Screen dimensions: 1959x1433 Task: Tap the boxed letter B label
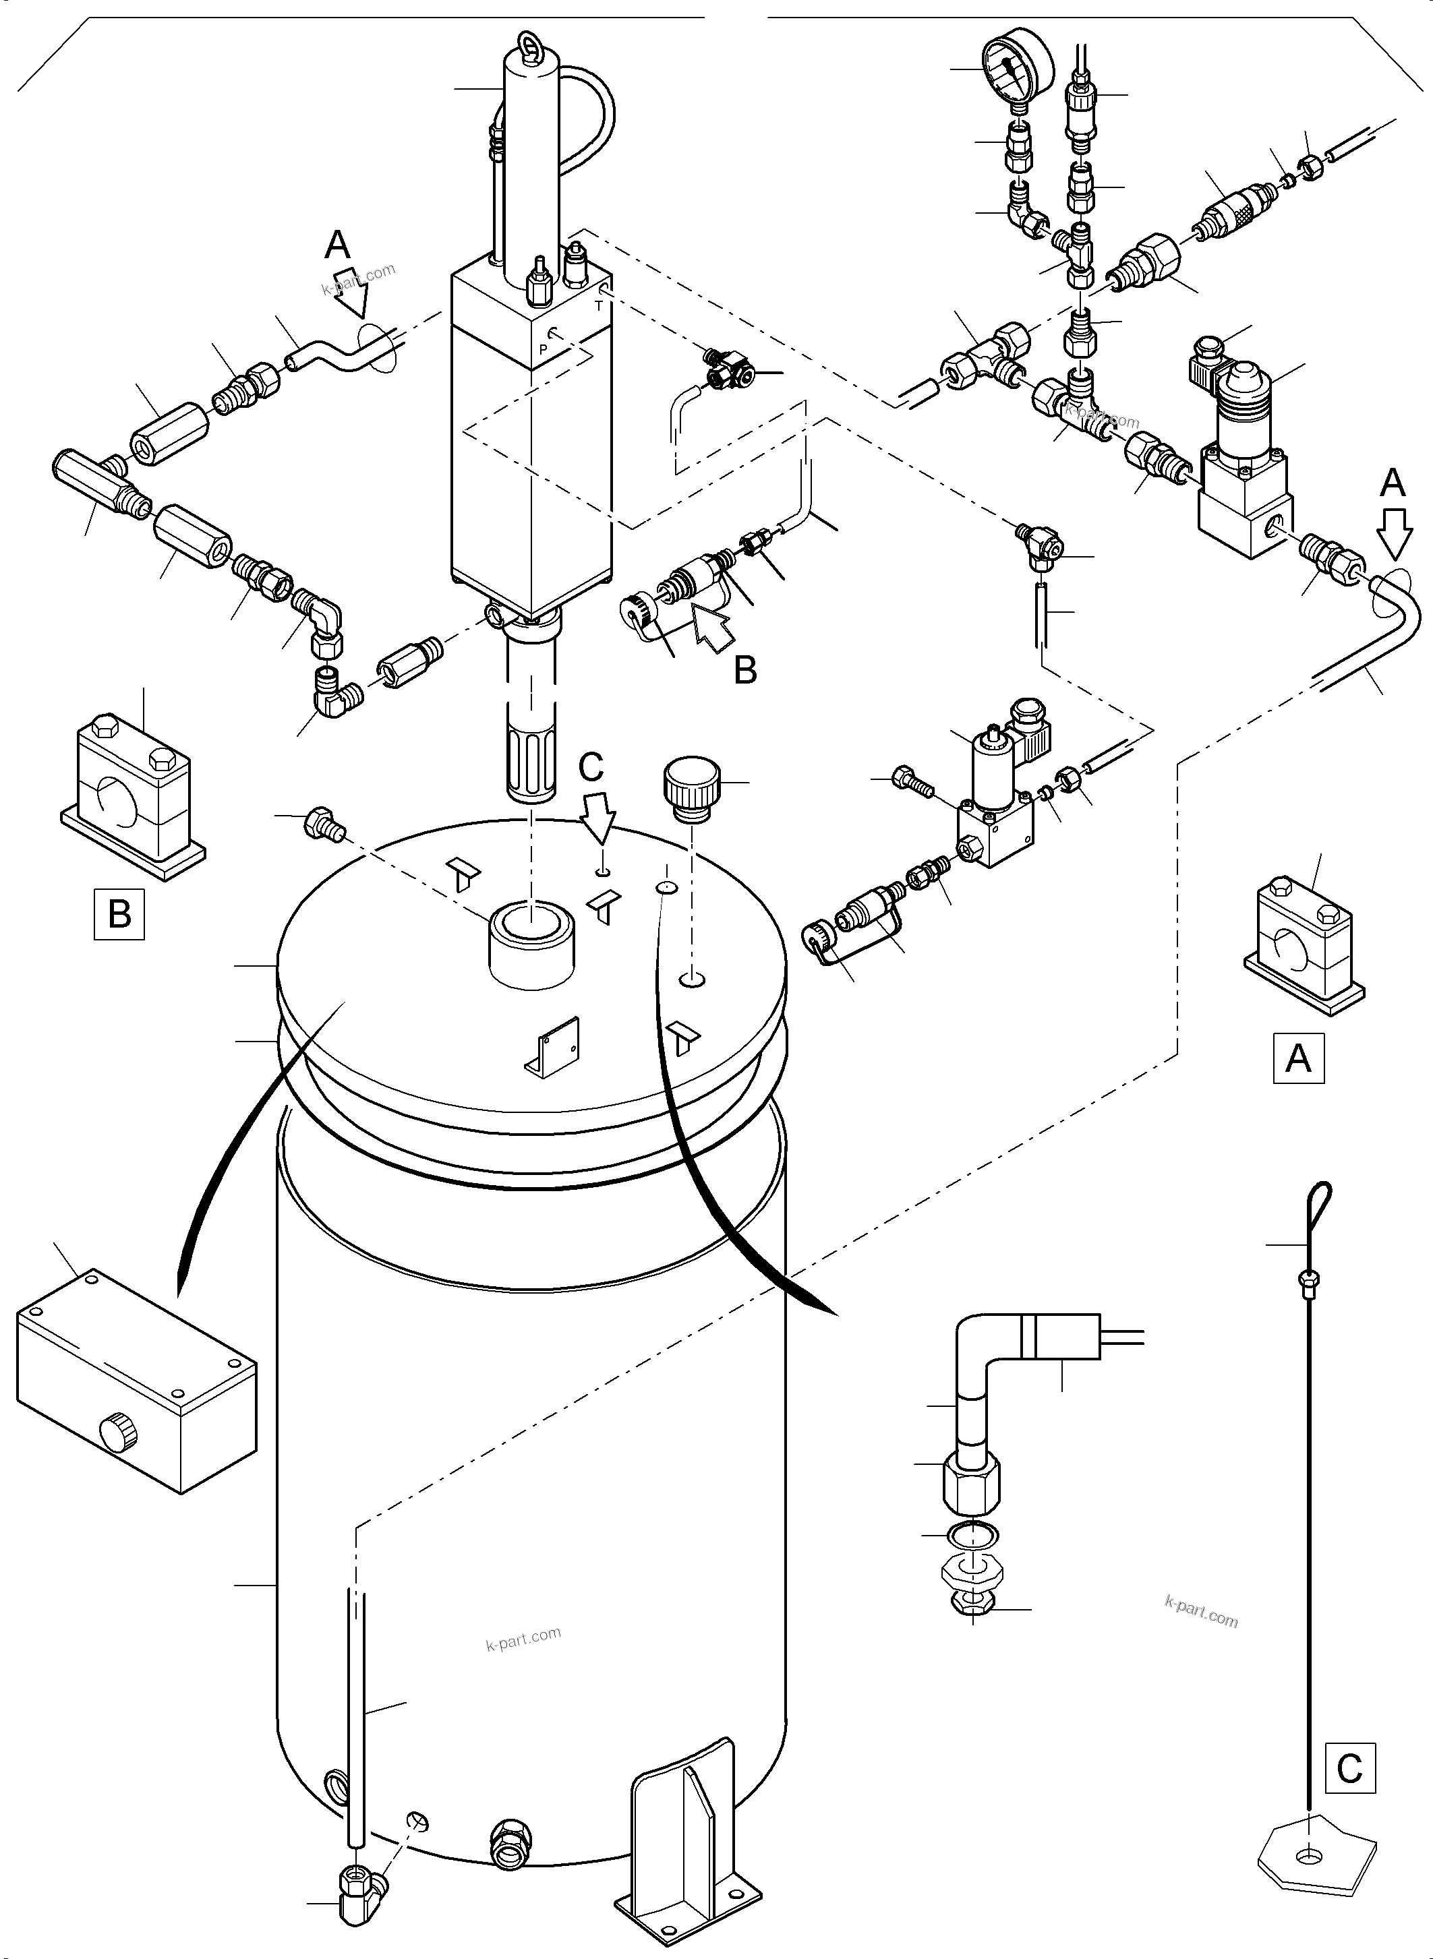pos(119,914)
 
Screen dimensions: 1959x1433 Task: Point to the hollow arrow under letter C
pos(599,818)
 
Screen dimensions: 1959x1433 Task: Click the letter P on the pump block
pos(543,349)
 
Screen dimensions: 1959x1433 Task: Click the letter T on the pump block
pos(597,305)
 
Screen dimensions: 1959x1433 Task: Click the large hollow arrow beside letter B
pos(709,627)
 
